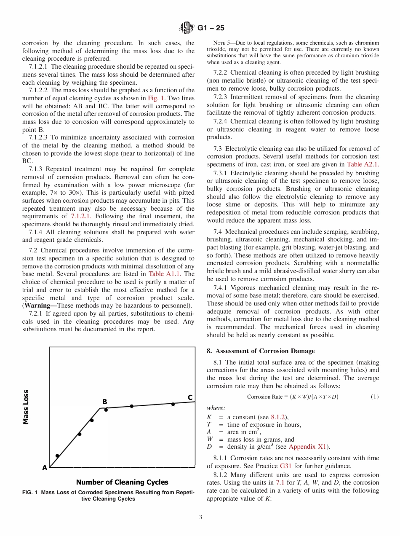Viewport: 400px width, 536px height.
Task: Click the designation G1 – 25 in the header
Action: (211, 28)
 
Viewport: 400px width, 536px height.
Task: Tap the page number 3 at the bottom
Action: (200, 517)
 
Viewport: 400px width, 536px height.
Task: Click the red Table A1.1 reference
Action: (165, 274)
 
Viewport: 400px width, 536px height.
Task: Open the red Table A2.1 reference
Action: (363, 164)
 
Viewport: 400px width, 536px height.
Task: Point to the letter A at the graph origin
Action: (44, 467)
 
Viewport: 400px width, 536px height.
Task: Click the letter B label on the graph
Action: (105, 402)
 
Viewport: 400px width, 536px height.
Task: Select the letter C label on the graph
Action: (190, 397)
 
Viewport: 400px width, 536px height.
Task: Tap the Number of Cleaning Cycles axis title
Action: (122, 482)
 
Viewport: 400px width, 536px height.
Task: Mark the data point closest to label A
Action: (57, 456)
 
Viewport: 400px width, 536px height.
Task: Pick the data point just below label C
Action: (173, 404)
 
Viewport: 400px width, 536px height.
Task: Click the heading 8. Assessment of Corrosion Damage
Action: (261, 351)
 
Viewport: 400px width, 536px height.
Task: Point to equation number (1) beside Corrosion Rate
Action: (374, 397)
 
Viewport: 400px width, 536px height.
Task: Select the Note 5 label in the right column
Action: (221, 43)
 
